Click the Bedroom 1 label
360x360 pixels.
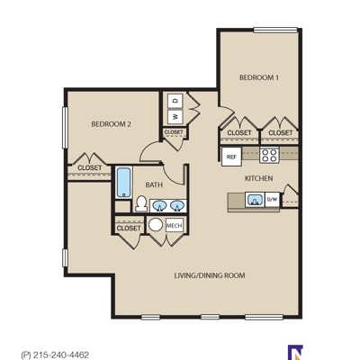pos(259,77)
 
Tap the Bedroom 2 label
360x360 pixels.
pos(112,124)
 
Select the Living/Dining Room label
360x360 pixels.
pos(210,275)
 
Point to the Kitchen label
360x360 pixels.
pos(259,178)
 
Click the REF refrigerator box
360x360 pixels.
pos(231,157)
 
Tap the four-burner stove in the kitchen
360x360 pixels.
pos(269,155)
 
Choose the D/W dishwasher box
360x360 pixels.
pos(273,199)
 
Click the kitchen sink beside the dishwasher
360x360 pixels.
pos(255,200)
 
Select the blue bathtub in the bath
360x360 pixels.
pos(123,183)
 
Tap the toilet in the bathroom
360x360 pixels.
pos(140,203)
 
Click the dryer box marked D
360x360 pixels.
pos(175,101)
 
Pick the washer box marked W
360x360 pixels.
pos(175,116)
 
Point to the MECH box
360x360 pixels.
pos(174,225)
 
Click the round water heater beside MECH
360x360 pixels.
pos(156,225)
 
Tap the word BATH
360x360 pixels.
pos(154,184)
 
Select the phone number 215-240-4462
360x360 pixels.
pos(61,355)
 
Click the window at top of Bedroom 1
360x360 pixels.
pos(275,30)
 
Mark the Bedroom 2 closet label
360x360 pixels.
pos(90,167)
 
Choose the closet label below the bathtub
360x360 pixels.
pos(129,229)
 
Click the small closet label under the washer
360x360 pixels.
pos(174,132)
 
